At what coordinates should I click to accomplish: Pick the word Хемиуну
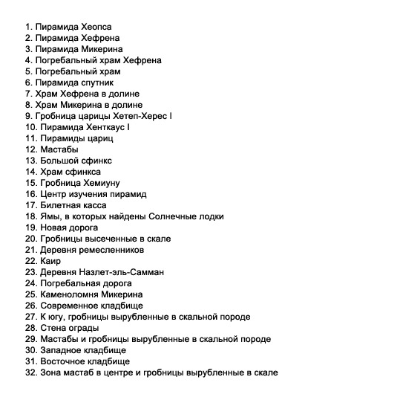tap(99, 183)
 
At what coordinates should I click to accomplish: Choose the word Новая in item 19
tap(51, 227)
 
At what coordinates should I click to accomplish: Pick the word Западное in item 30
tap(59, 350)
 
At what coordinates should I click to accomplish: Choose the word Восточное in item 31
tap(62, 361)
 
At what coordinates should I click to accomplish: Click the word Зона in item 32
tap(48, 372)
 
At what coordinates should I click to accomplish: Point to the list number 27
tap(30, 317)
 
